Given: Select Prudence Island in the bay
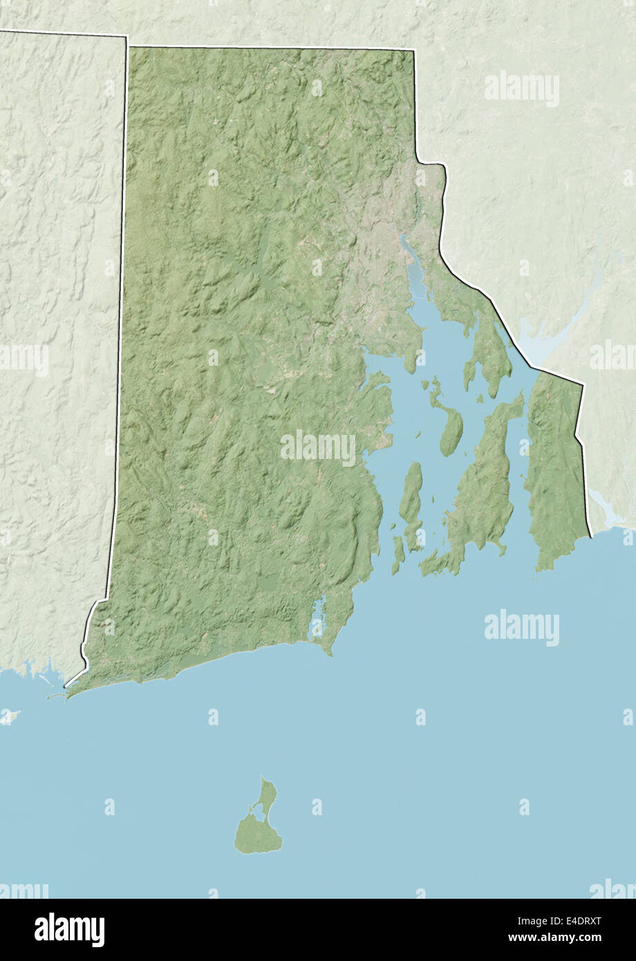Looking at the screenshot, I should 450,432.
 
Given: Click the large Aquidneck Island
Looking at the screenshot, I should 484,484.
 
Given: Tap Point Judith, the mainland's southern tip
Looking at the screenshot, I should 331,653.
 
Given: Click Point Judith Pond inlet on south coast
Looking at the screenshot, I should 318,619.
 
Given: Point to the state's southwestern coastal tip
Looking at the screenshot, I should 67,688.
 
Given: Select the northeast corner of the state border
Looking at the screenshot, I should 414,50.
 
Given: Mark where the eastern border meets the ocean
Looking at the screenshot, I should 591,536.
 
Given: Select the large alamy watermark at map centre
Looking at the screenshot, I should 318,448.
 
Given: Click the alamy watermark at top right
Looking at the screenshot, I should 522,88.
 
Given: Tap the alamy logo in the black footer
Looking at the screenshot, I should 69,929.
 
